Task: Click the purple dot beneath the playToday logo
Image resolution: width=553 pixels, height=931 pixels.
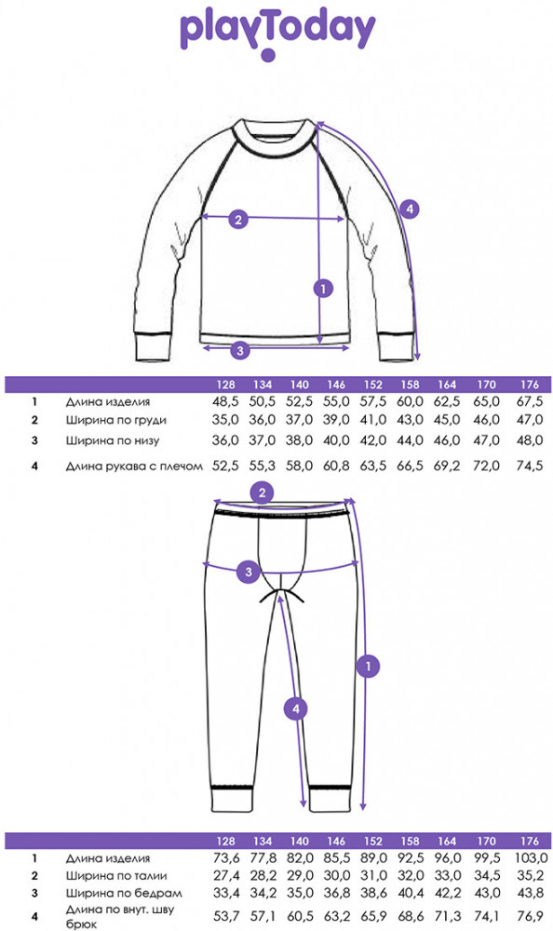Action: click(268, 55)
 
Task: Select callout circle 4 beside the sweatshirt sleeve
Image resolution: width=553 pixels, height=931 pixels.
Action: click(410, 209)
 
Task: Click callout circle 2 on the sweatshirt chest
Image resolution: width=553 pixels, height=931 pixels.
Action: click(238, 220)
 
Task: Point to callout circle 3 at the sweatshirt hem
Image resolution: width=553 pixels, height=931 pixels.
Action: click(240, 350)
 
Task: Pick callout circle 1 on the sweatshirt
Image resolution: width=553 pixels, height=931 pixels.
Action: click(323, 289)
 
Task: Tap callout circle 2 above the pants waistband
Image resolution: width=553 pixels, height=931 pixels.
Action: click(262, 492)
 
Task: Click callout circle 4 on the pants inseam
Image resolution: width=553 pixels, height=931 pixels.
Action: click(296, 708)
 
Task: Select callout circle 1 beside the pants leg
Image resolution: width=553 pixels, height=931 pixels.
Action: click(369, 666)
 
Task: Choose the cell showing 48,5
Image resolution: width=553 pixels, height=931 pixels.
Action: click(225, 401)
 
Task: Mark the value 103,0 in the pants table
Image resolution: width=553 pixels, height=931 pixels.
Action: click(531, 858)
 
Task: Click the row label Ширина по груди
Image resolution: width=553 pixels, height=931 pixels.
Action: click(115, 421)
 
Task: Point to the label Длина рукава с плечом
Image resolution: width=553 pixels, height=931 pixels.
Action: click(134, 466)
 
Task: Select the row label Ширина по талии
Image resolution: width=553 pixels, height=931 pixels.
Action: click(115, 876)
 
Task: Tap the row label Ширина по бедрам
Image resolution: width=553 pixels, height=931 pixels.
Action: click(124, 893)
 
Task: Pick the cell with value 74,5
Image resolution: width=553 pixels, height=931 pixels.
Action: click(530, 466)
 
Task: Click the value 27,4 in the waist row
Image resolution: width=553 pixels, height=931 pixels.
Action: click(226, 876)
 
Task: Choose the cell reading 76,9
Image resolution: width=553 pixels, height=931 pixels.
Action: click(531, 916)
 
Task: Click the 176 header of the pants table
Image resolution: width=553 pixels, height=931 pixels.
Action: click(529, 842)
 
